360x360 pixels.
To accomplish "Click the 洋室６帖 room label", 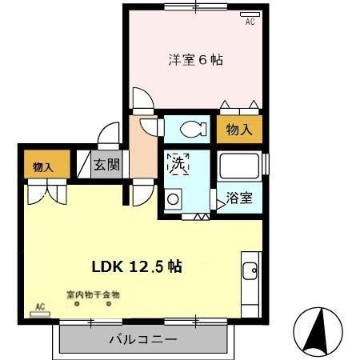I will [x=195, y=60].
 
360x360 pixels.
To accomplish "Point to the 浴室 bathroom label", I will [x=239, y=197].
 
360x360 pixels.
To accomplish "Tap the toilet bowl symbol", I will [x=190, y=129].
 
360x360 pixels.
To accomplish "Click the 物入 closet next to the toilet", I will [x=238, y=130].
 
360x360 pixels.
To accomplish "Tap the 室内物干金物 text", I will [x=93, y=294].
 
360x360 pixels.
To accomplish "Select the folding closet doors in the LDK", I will [x=44, y=191].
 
